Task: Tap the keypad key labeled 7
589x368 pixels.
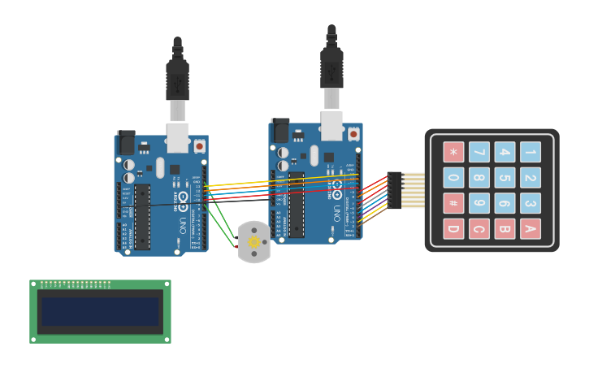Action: tap(479, 152)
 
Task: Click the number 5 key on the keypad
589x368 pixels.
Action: tap(505, 177)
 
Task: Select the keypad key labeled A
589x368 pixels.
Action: tap(530, 228)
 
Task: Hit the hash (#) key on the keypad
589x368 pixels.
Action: tap(453, 203)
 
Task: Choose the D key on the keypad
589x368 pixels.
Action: tap(453, 228)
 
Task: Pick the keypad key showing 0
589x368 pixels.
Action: tap(453, 177)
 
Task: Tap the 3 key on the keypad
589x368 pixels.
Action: tap(530, 203)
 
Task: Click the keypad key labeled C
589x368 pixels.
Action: tap(479, 228)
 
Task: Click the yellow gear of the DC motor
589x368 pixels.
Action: tap(253, 241)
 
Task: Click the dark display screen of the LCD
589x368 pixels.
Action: tap(100, 311)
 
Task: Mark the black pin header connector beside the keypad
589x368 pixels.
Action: tap(395, 190)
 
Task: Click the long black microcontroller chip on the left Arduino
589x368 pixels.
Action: tap(142, 215)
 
